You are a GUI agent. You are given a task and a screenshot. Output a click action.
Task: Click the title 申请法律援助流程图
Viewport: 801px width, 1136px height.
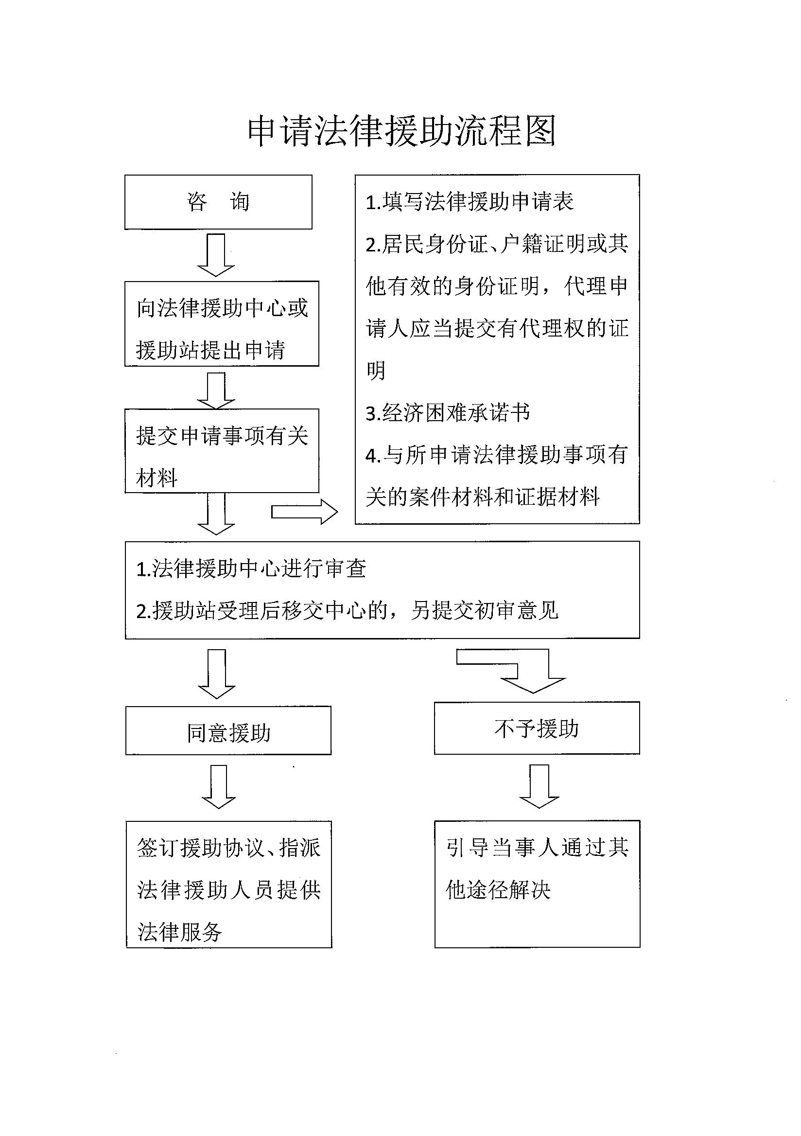point(401,131)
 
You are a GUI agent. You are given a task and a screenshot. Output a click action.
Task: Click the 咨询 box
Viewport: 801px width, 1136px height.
point(218,202)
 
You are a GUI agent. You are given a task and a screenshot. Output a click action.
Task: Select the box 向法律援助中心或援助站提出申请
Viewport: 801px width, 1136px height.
point(222,323)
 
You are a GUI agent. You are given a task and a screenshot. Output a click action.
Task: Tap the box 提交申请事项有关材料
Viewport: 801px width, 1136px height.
point(222,451)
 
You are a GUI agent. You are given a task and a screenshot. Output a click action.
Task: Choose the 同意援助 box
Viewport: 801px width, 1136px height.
point(228,730)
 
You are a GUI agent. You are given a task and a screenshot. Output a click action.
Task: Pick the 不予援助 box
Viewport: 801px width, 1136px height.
point(537,728)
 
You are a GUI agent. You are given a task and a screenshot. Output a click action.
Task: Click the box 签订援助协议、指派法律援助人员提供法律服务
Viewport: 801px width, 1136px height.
point(229,884)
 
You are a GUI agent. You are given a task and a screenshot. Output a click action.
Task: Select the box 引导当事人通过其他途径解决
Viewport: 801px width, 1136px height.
point(538,884)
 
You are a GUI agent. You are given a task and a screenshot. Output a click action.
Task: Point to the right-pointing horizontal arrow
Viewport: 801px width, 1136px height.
point(304,512)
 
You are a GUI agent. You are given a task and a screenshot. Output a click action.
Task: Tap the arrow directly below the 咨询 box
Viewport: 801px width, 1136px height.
point(216,255)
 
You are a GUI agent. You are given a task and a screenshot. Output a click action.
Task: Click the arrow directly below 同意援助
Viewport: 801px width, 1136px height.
point(219,787)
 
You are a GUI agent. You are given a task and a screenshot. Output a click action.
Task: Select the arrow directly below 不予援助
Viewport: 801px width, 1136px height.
point(539,786)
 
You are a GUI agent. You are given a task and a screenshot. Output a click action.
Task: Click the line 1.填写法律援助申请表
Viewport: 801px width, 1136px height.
point(469,201)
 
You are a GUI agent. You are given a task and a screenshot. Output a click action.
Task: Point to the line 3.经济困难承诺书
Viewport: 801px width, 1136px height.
point(448,413)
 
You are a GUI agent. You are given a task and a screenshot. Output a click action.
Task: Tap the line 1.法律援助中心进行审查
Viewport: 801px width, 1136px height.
point(251,568)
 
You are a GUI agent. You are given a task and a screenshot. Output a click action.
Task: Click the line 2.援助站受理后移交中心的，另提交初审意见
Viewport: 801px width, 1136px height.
point(347,610)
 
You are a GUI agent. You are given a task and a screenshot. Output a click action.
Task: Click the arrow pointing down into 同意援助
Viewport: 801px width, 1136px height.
point(217,674)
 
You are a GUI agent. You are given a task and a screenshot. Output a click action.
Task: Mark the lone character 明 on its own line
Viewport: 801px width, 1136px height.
point(376,370)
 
